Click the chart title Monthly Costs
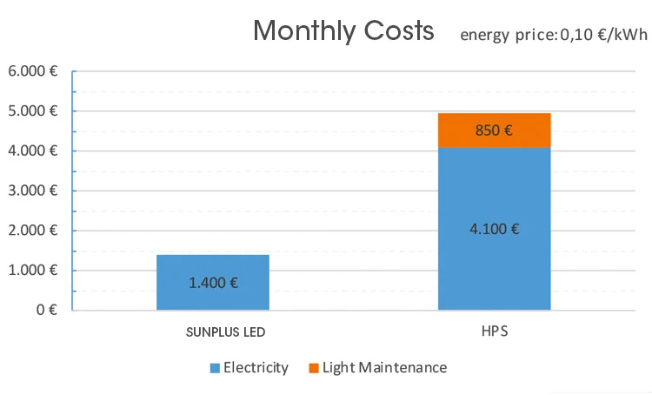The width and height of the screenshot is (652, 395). (x=343, y=32)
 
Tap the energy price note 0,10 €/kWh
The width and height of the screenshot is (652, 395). (x=554, y=35)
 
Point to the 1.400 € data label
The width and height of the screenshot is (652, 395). (x=213, y=282)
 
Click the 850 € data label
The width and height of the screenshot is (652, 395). (x=494, y=131)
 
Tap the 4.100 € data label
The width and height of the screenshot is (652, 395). (x=494, y=230)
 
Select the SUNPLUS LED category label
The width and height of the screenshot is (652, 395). (x=226, y=332)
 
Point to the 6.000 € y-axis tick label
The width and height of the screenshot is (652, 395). (x=33, y=71)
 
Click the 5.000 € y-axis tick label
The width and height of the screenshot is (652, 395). (x=33, y=111)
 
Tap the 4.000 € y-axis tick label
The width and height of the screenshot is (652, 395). (x=33, y=151)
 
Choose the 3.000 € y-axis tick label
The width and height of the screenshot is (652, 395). (x=33, y=191)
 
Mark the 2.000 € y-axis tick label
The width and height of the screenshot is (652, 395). (x=33, y=231)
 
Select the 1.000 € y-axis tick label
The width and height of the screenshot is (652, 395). (x=33, y=271)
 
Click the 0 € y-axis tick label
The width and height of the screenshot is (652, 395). (x=45, y=310)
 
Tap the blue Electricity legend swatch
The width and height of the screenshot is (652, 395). (x=215, y=368)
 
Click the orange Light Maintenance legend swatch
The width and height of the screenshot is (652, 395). (x=313, y=368)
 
